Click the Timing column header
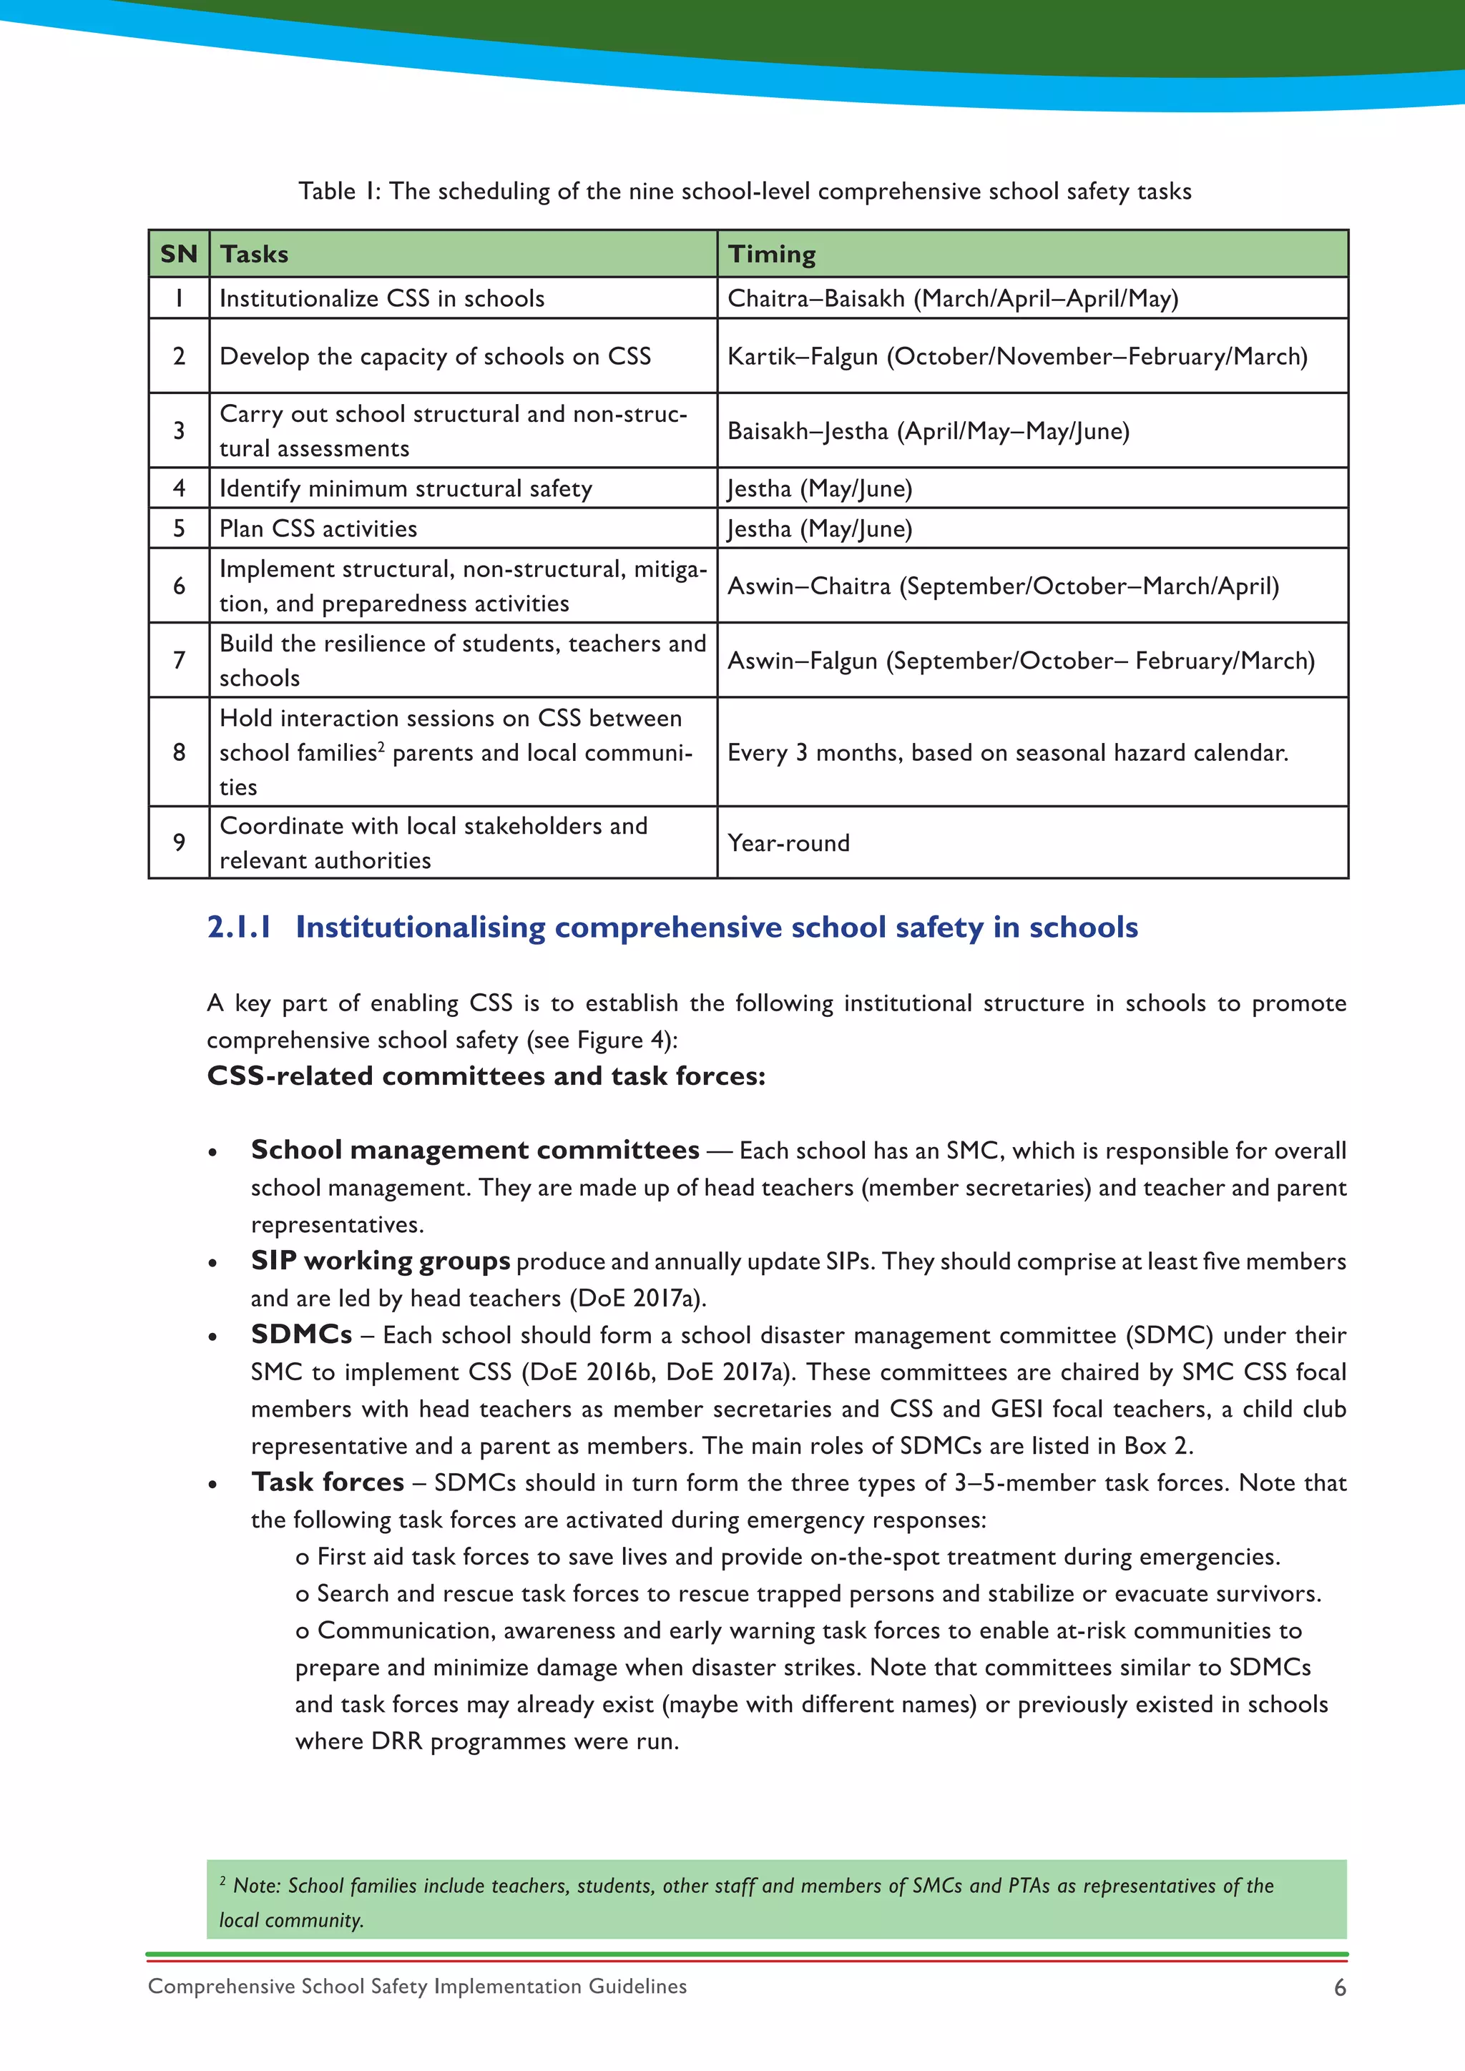(x=771, y=255)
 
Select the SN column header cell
(x=179, y=255)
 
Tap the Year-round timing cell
(x=788, y=843)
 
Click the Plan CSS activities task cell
(x=318, y=528)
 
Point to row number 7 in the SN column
(x=179, y=660)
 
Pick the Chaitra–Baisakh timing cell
(x=953, y=298)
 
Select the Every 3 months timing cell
(x=1008, y=752)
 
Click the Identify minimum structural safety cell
(x=406, y=489)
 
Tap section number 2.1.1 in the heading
(x=239, y=928)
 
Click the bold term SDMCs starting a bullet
(x=301, y=1334)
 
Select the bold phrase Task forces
(x=328, y=1482)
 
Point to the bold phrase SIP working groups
(x=380, y=1260)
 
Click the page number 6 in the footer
(x=1340, y=1988)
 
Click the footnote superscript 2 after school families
(x=381, y=747)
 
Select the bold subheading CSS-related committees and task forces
(x=485, y=1076)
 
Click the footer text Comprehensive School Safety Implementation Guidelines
(x=417, y=1986)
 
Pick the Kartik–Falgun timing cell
(x=1016, y=356)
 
